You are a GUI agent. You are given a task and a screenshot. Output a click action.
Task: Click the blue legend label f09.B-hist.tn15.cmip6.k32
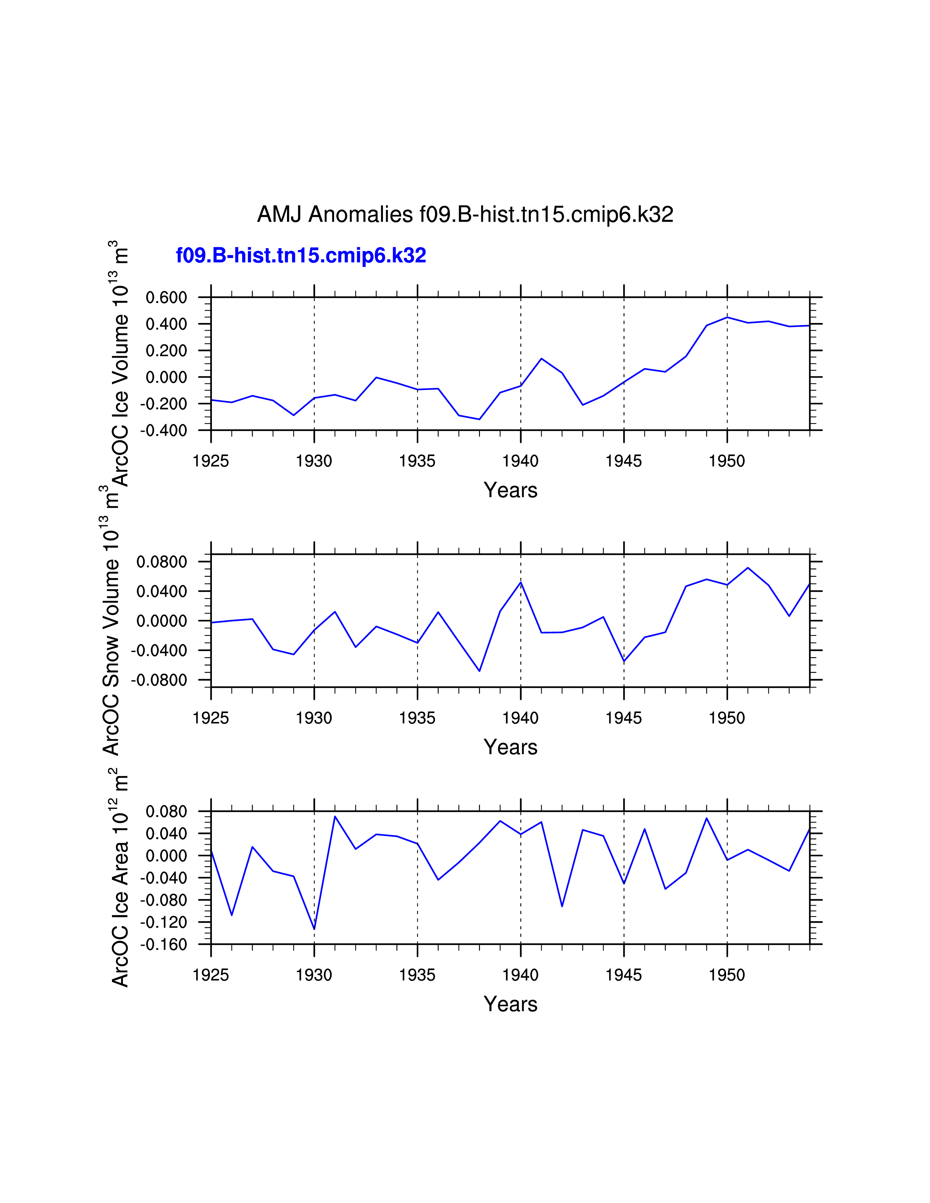point(301,256)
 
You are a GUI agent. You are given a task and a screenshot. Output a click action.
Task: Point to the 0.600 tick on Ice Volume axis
point(166,298)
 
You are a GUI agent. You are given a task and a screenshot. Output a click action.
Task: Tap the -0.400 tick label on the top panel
point(164,431)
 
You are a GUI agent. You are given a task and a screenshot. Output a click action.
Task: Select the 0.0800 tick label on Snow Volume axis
point(162,562)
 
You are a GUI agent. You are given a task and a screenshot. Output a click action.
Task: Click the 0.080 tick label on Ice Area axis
point(166,812)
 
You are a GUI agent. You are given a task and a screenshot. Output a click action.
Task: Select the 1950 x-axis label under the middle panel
point(727,718)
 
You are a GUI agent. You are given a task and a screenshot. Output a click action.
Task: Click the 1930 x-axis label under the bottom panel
point(314,976)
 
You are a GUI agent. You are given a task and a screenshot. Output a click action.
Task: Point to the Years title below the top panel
point(510,490)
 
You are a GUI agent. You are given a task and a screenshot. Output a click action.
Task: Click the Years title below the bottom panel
point(510,1005)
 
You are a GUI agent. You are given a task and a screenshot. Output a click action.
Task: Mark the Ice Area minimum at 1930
point(314,929)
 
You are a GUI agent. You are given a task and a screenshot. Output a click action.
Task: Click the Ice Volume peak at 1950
point(727,317)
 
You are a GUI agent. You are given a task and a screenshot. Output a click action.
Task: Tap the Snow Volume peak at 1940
point(521,582)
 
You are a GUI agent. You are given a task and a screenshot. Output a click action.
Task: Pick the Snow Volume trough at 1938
point(479,671)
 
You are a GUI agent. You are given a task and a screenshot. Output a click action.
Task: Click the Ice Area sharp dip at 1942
point(562,906)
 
